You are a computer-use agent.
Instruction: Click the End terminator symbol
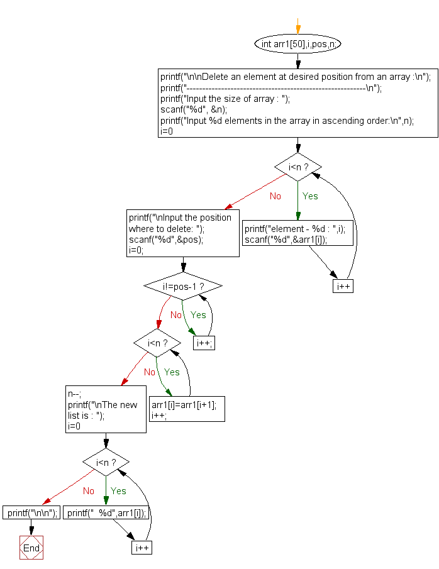tap(31, 548)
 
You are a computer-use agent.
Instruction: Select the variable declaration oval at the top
tap(298, 44)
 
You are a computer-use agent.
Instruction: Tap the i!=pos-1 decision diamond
tap(183, 286)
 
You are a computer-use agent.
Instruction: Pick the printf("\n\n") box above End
tap(31, 512)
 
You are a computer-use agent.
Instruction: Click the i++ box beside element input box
tap(343, 286)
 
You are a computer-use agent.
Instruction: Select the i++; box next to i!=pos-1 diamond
tap(204, 343)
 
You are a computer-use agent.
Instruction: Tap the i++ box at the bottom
tap(142, 548)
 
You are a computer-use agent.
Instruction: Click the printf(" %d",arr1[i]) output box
tap(106, 512)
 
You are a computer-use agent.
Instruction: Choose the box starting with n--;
tap(106, 409)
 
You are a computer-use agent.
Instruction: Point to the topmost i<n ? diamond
tap(298, 167)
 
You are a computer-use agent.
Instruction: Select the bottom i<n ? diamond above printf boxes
tap(106, 463)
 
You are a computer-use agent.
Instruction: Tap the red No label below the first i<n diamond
tap(275, 196)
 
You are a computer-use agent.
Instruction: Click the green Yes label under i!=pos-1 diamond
tap(198, 314)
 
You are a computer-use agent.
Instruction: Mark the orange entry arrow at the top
tap(298, 28)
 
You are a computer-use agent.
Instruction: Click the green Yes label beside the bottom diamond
tap(118, 491)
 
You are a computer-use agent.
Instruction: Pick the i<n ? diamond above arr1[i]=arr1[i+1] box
tap(157, 343)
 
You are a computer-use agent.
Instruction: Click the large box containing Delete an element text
tap(298, 102)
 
